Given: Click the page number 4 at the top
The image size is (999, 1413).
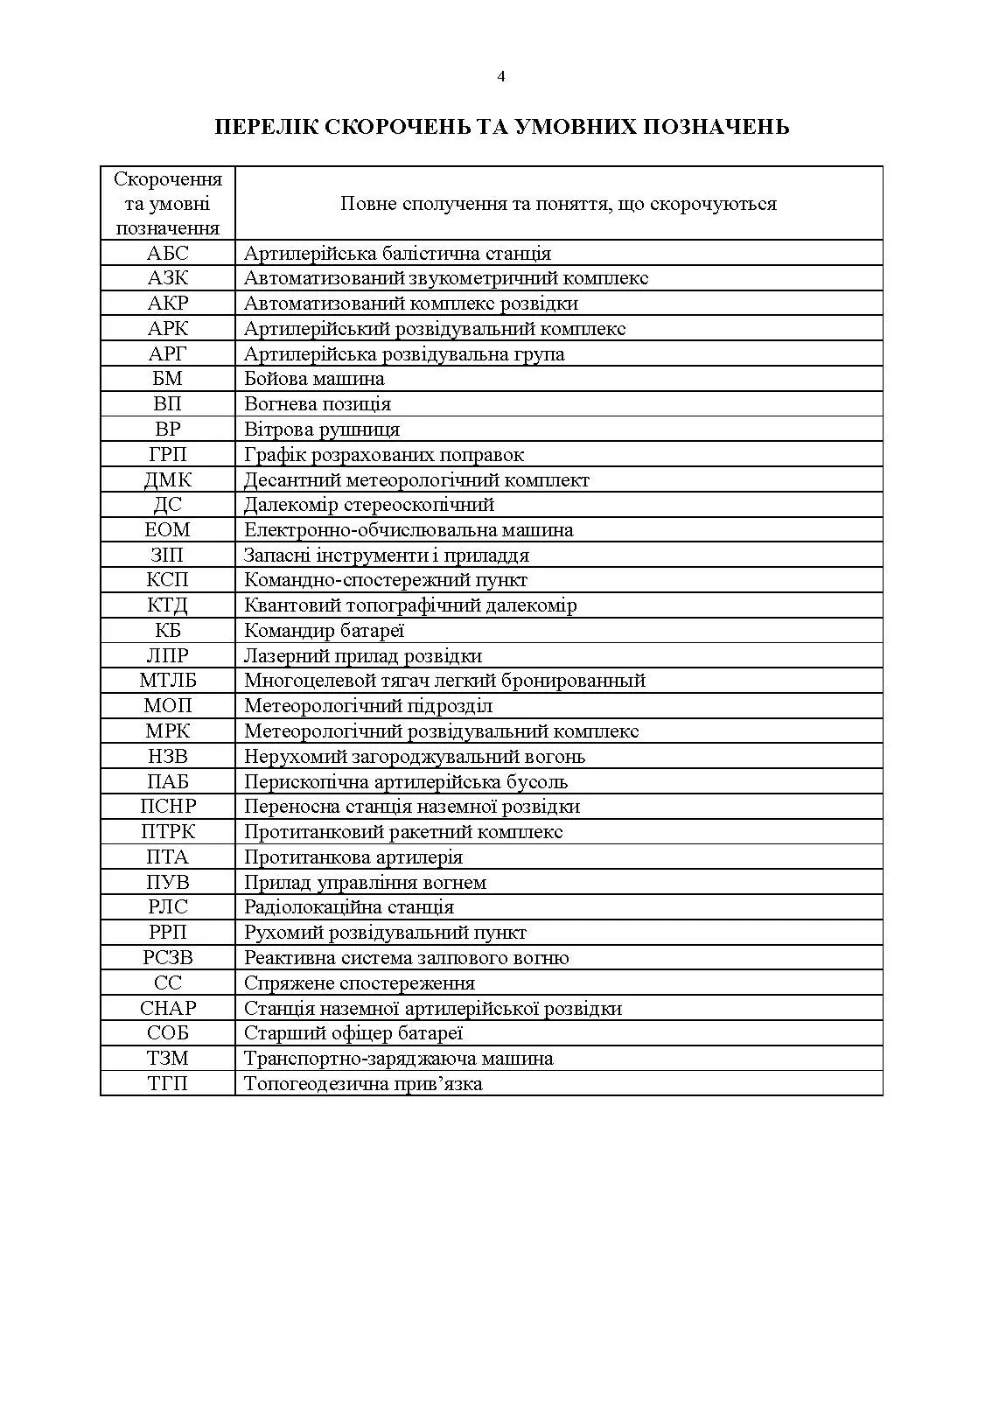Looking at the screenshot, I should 500,76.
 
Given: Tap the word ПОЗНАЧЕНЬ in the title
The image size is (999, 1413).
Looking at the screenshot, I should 716,127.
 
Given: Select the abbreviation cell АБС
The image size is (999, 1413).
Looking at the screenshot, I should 167,254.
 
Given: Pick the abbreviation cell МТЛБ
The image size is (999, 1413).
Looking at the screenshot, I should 167,681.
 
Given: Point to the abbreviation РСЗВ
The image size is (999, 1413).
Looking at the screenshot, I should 167,958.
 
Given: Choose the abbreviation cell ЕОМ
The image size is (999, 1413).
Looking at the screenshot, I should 167,530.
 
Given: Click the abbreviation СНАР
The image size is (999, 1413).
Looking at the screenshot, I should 167,1009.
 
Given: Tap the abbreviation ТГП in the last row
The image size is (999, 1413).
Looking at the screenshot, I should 167,1084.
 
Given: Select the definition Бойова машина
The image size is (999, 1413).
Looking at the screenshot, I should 314,379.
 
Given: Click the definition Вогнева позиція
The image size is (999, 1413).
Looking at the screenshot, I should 318,404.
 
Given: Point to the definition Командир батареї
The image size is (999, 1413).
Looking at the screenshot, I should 324,631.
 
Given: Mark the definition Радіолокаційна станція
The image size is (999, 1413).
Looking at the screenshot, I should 348,907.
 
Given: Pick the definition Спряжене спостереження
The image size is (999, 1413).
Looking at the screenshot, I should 359,983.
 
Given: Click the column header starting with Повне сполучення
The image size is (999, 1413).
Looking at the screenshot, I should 558,204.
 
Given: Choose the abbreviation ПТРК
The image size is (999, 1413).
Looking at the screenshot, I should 167,832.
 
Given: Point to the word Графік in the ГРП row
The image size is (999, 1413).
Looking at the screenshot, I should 271,455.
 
